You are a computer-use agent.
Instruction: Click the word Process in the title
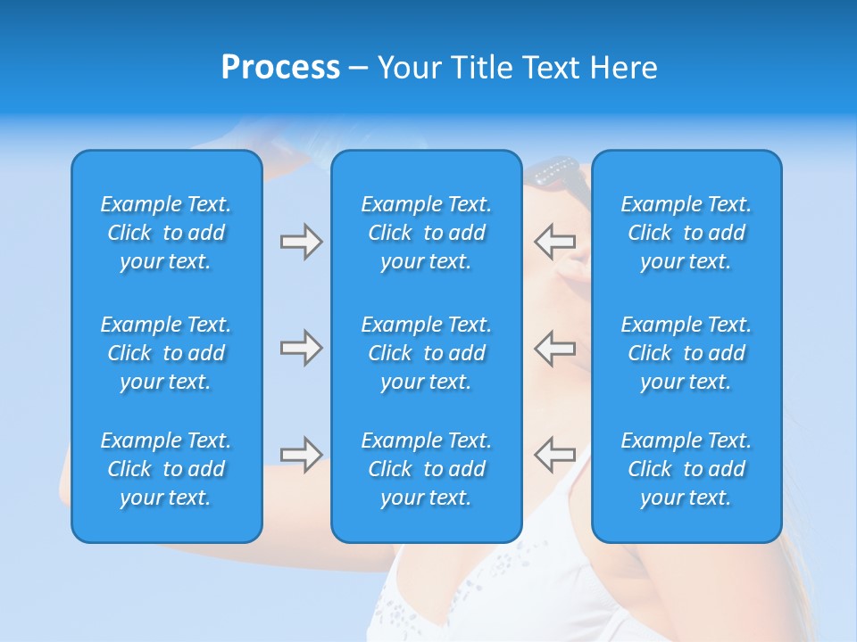pos(280,68)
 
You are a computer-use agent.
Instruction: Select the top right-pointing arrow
pos(301,241)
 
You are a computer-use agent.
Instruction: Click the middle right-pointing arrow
pos(301,348)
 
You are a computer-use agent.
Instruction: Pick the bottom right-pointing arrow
pos(301,455)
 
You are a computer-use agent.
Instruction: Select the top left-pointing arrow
pos(554,241)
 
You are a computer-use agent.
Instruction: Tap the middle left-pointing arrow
pos(554,348)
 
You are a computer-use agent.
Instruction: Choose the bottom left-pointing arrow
pos(554,455)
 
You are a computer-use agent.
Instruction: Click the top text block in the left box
pos(166,233)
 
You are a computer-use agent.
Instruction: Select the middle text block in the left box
pos(166,353)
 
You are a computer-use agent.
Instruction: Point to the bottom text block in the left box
pos(166,469)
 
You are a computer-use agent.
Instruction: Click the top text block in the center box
pos(426,233)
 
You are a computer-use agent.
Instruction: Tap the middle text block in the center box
pos(426,353)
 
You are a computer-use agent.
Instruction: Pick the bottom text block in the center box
pos(426,469)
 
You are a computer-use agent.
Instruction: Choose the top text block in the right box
pos(686,233)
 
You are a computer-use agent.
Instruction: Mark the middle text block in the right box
pos(686,353)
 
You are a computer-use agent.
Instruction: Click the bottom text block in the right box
pos(686,469)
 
